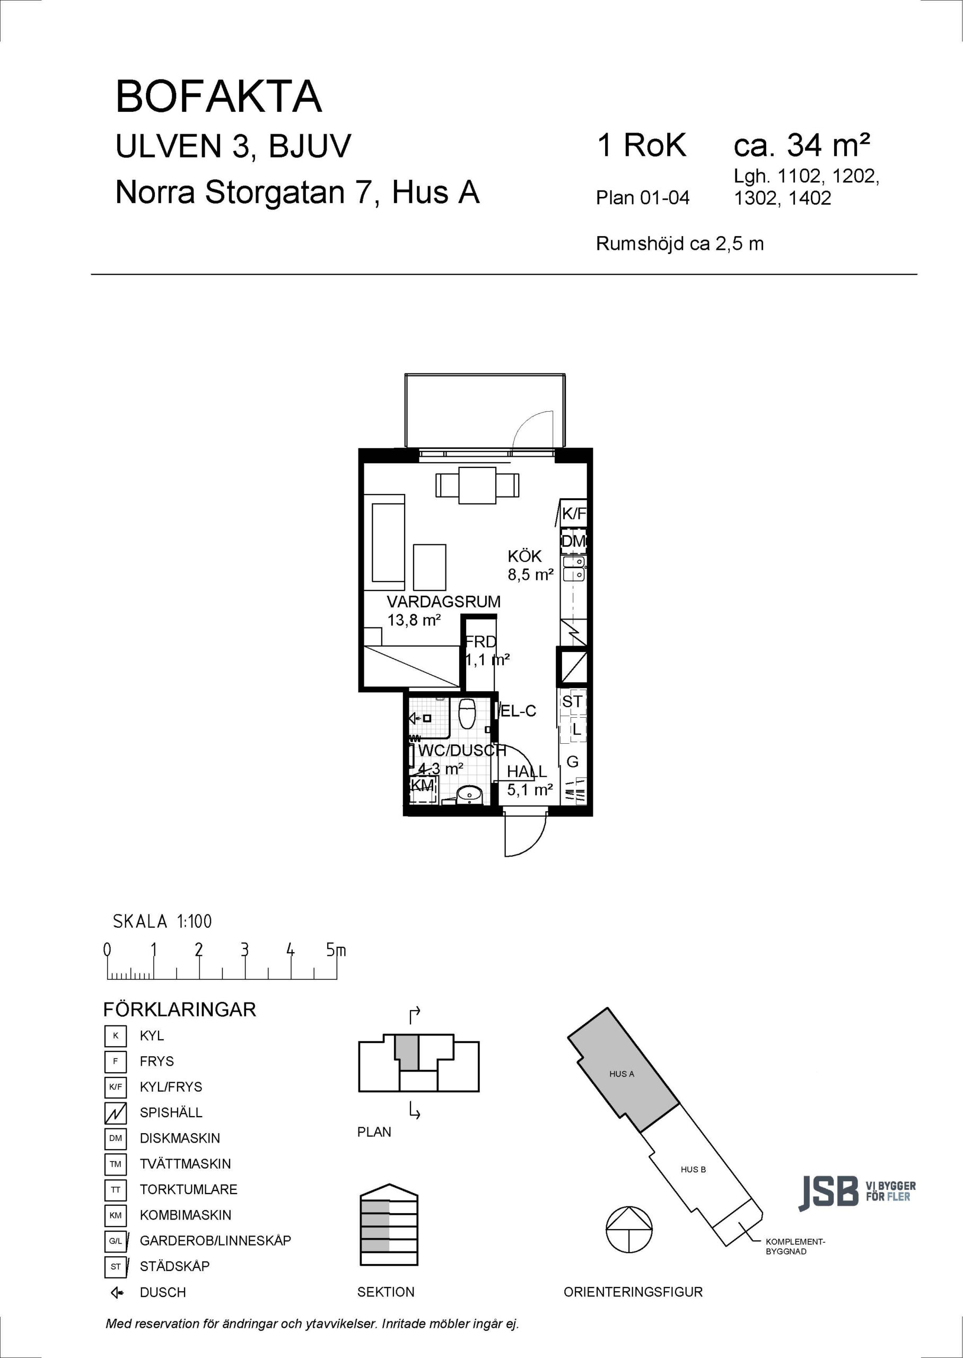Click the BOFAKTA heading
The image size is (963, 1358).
pyautogui.click(x=219, y=97)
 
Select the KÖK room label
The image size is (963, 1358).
pyautogui.click(x=525, y=556)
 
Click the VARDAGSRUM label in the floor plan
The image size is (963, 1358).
pyautogui.click(x=443, y=602)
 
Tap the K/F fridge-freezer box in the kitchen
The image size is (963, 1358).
pyautogui.click(x=573, y=514)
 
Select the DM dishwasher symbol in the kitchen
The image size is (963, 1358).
pyautogui.click(x=573, y=541)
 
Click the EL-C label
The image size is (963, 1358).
pyautogui.click(x=518, y=710)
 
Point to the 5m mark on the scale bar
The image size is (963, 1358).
pyautogui.click(x=336, y=951)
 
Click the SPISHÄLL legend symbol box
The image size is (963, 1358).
pyautogui.click(x=116, y=1112)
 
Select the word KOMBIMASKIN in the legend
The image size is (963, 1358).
pyautogui.click(x=186, y=1215)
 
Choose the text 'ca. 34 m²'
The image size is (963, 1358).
pyautogui.click(x=802, y=145)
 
